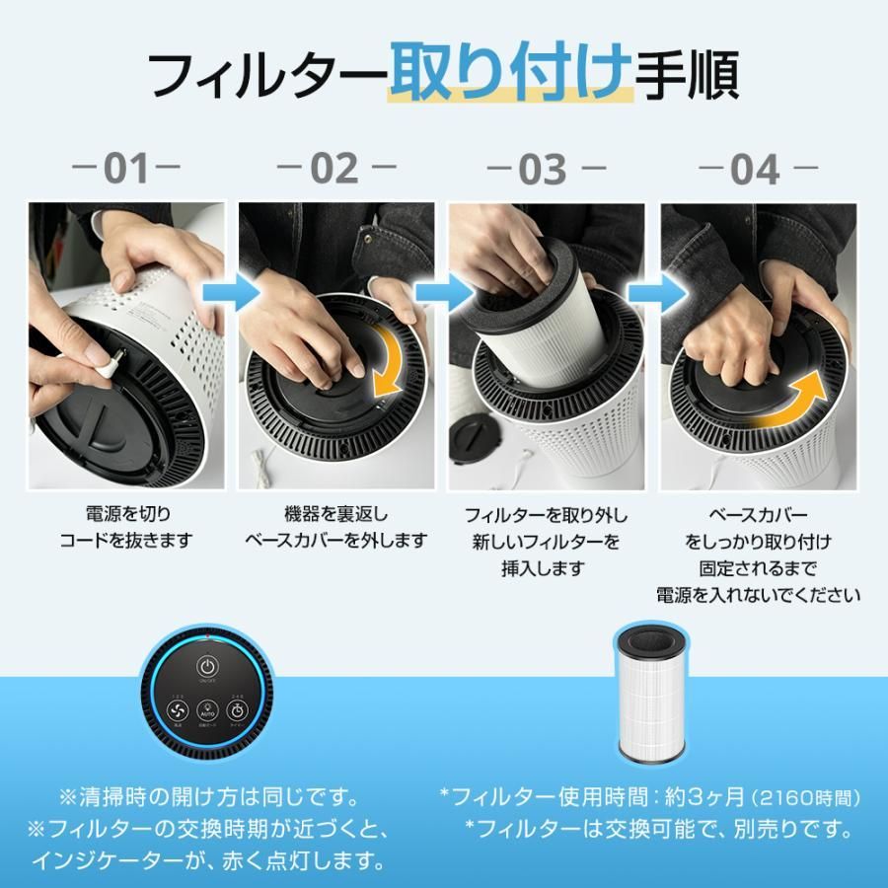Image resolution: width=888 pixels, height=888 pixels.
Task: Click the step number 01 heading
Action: [x=126, y=169]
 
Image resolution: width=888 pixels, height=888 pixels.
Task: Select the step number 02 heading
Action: [x=334, y=169]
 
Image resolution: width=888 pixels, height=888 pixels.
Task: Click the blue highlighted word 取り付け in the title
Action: [x=509, y=74]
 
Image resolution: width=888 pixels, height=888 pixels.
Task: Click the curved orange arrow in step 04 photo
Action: [x=794, y=405]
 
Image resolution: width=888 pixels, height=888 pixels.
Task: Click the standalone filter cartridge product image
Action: [x=651, y=693]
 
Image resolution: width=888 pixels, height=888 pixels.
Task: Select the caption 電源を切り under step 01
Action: [x=125, y=515]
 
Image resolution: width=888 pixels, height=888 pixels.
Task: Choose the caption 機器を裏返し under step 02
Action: [x=335, y=515]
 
